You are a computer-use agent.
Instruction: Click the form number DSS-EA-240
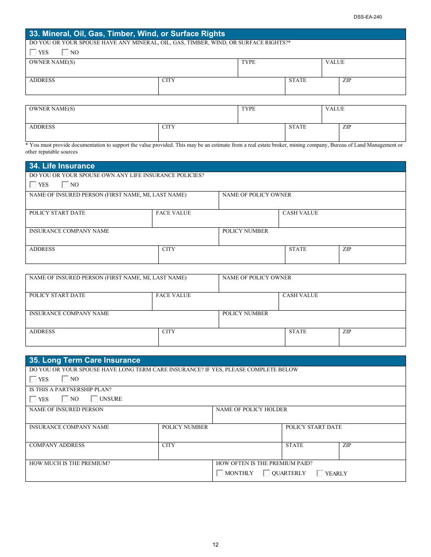(368, 17)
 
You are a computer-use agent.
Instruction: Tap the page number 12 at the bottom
(215, 545)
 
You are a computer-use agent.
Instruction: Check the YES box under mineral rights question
(33, 52)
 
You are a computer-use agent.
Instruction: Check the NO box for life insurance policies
(65, 184)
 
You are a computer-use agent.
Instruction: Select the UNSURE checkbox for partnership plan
(94, 399)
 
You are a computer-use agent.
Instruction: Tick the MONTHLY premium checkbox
(220, 473)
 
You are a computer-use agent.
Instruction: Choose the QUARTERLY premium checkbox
(267, 473)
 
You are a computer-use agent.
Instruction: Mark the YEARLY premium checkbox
(320, 473)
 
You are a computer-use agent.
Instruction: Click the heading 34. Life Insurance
(62, 166)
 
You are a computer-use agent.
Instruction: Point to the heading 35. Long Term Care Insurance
(84, 360)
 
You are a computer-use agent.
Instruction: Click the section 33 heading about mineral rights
(127, 34)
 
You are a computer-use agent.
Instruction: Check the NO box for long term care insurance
(65, 379)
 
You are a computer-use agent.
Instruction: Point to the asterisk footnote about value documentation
(214, 148)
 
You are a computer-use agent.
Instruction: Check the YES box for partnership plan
(33, 399)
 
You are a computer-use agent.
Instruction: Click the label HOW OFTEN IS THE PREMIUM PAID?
(264, 463)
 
